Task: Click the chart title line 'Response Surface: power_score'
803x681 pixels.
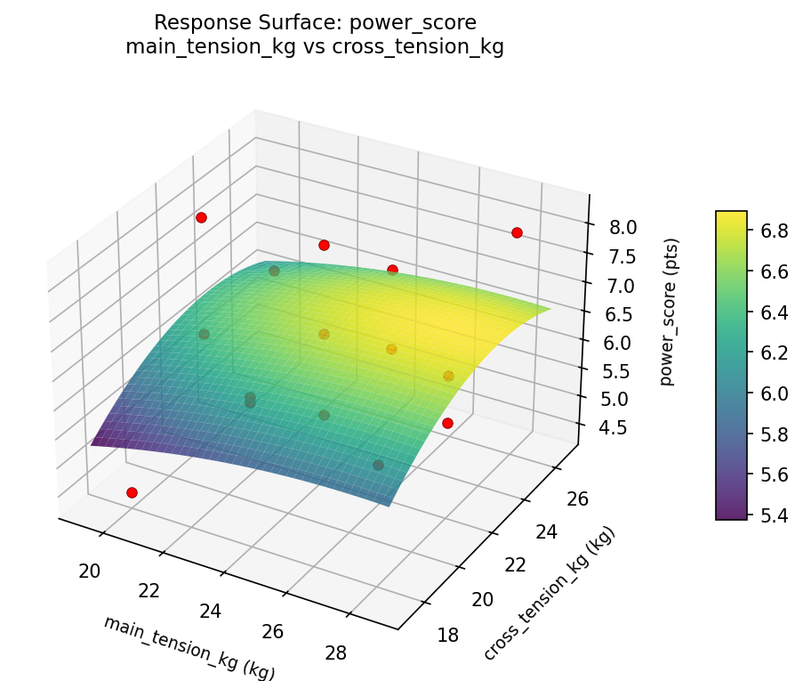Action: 315,22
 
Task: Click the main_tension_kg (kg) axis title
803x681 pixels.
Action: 189,647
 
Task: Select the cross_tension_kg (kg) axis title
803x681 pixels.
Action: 549,594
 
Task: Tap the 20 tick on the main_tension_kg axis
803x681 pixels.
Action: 89,571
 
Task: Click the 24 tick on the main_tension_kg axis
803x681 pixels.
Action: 211,612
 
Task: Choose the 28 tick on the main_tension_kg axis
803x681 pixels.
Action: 336,653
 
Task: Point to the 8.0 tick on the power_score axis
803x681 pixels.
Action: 622,227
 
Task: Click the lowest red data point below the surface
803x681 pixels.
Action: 132,492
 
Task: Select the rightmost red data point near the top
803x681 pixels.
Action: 517,232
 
